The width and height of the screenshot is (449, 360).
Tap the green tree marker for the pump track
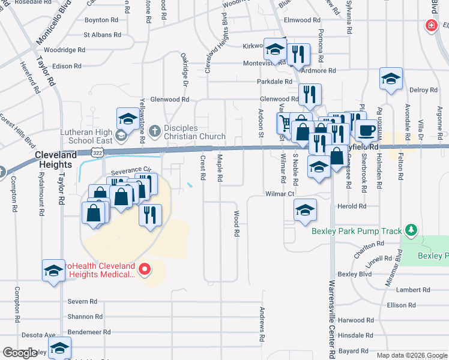pyautogui.click(x=411, y=230)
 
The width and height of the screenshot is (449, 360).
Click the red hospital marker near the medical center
pyautogui.click(x=144, y=269)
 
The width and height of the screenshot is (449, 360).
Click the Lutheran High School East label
pyautogui.click(x=86, y=136)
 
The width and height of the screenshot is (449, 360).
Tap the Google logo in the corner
pyautogui.click(x=20, y=353)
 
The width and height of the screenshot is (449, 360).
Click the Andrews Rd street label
pyautogui.click(x=262, y=325)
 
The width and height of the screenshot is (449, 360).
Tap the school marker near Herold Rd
pyautogui.click(x=305, y=210)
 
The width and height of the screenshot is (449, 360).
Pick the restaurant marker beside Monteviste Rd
pyautogui.click(x=298, y=54)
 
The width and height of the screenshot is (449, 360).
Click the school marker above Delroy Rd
pyautogui.click(x=391, y=79)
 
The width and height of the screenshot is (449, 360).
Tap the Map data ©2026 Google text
pyautogui.click(x=412, y=355)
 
